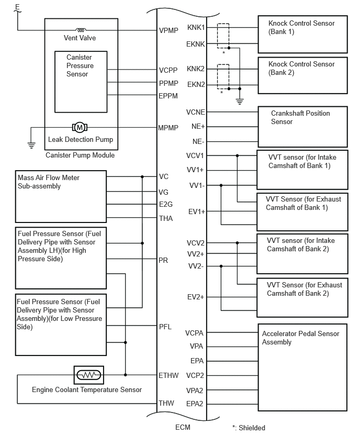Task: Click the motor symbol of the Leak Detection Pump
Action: pos(80,127)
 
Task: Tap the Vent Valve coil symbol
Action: pos(81,30)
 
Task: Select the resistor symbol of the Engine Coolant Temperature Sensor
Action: pos(89,375)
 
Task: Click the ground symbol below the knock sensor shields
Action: pos(240,101)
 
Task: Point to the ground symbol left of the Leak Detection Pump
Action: pos(31,145)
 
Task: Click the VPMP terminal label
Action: pos(168,30)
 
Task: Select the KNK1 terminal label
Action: pos(196,27)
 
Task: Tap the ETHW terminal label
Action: pos(168,375)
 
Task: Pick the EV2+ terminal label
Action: pos(196,297)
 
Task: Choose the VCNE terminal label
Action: pos(196,112)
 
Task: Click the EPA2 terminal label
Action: pos(195,404)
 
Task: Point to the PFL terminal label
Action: pos(165,327)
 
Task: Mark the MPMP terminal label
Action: pos(168,128)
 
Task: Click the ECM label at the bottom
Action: pos(183,427)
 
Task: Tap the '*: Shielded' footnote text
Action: pos(249,428)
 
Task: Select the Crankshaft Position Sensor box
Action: pos(302,127)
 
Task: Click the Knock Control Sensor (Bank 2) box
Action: pos(302,75)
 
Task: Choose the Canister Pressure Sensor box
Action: pos(81,82)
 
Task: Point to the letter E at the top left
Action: pos(18,6)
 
